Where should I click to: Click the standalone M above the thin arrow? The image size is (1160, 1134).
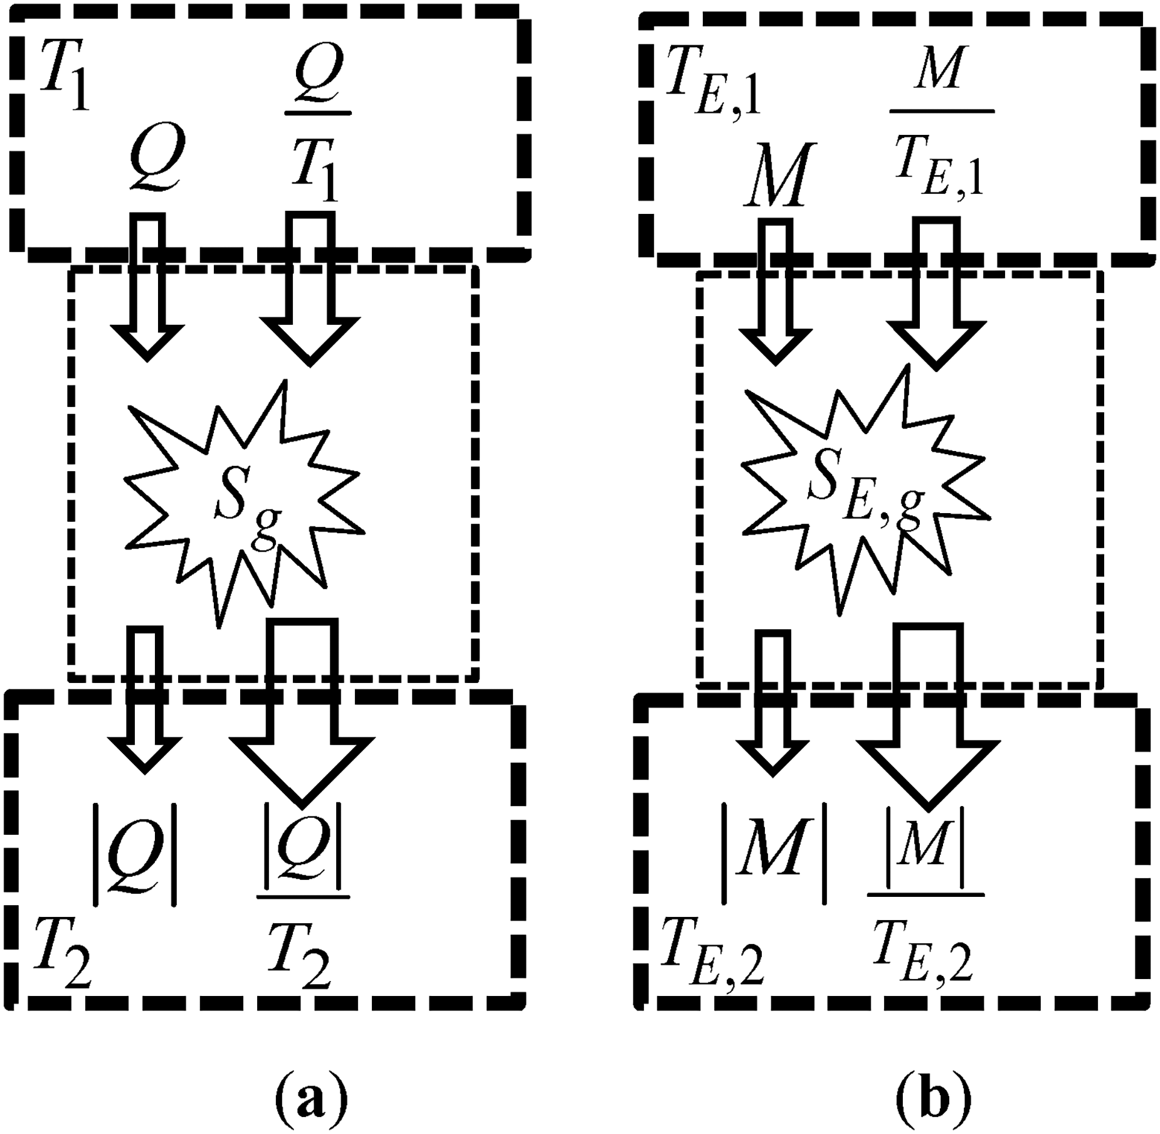pyautogui.click(x=775, y=175)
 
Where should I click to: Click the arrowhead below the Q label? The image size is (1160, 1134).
pyautogui.click(x=148, y=342)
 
